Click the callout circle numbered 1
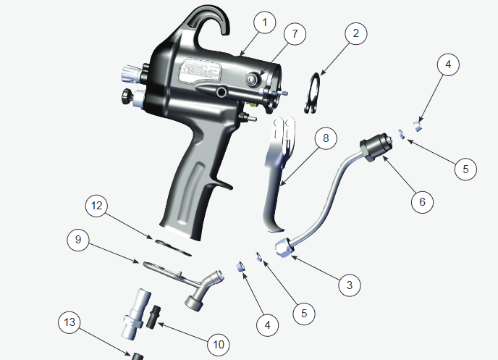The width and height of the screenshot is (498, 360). click(x=264, y=23)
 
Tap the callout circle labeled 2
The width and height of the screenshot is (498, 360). click(x=355, y=33)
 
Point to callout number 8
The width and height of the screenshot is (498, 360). click(x=326, y=137)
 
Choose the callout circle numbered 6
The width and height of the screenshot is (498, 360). click(x=423, y=201)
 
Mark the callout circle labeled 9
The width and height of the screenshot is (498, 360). click(x=79, y=240)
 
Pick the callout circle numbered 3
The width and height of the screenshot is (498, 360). click(x=350, y=285)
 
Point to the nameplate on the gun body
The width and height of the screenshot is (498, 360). click(x=199, y=70)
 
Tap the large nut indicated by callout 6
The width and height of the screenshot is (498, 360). click(x=376, y=147)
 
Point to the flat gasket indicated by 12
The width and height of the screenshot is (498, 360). click(x=172, y=244)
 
